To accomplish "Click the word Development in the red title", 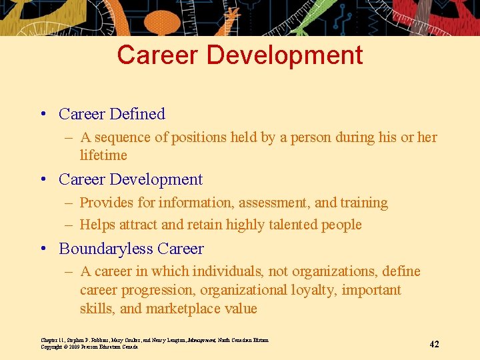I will [x=285, y=55].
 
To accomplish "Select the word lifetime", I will [x=103, y=155].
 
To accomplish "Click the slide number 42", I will [x=434, y=344].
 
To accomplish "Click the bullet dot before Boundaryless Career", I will [x=43, y=249].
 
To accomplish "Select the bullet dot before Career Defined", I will [x=43, y=115].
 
